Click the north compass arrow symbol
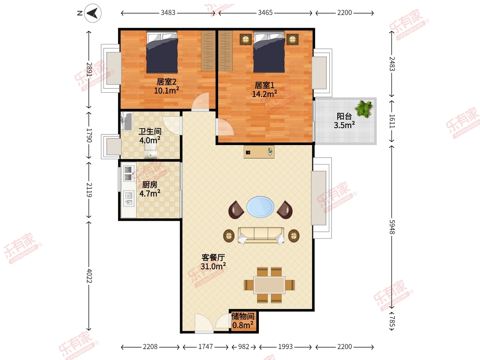pos(93,13)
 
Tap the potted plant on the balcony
pos(364,109)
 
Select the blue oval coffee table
pos(260,207)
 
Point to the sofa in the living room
pos(261,235)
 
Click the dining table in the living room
pos(270,285)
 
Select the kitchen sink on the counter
pos(128,198)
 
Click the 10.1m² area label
pos(167,90)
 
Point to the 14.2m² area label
pos(265,94)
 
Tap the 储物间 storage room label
pos(243,316)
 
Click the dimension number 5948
pos(392,227)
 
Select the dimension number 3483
pos(168,13)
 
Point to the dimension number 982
pos(244,347)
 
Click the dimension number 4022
pos(89,276)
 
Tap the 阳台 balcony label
pos(344,116)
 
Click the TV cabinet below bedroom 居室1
pos(259,152)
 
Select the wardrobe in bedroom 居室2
pos(208,51)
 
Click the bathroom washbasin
pos(126,121)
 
